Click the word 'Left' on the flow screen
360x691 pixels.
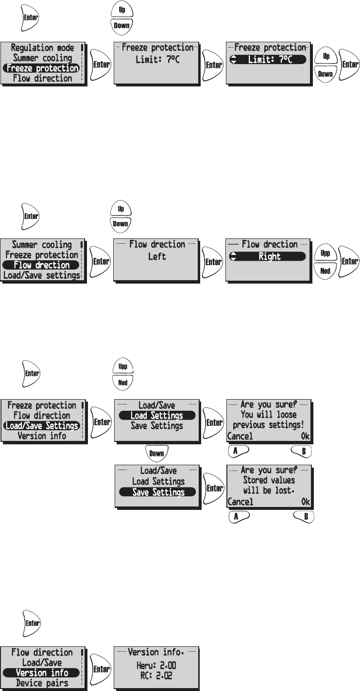coord(157,256)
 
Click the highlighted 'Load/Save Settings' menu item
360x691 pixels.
coord(41,425)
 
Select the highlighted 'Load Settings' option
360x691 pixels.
coord(156,416)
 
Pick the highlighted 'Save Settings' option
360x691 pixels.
coord(158,492)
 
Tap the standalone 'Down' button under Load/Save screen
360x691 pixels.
coord(156,454)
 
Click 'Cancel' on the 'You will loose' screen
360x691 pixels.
coord(240,436)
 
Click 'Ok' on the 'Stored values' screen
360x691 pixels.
coord(305,502)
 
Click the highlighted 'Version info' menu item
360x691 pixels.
coord(42,673)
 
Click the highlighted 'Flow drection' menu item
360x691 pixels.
coord(42,265)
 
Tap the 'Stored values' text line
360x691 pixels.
coord(269,480)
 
